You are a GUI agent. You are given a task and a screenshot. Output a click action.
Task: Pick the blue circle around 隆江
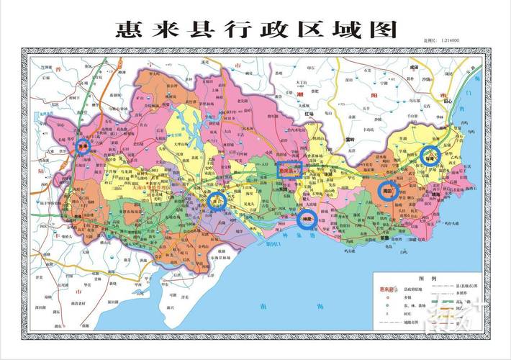coord(217,202)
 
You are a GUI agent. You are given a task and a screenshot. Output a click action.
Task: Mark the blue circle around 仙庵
coord(430,156)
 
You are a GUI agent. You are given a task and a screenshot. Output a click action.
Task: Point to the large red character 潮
coord(299,94)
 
